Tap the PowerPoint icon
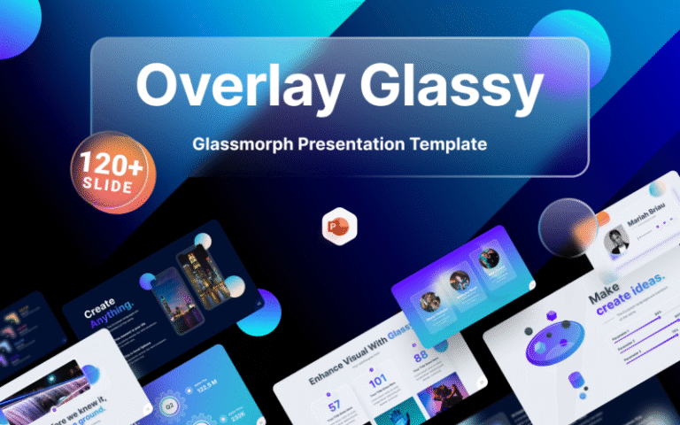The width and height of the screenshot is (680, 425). click(x=339, y=228)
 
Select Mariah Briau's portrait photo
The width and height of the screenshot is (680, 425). click(x=617, y=242)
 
